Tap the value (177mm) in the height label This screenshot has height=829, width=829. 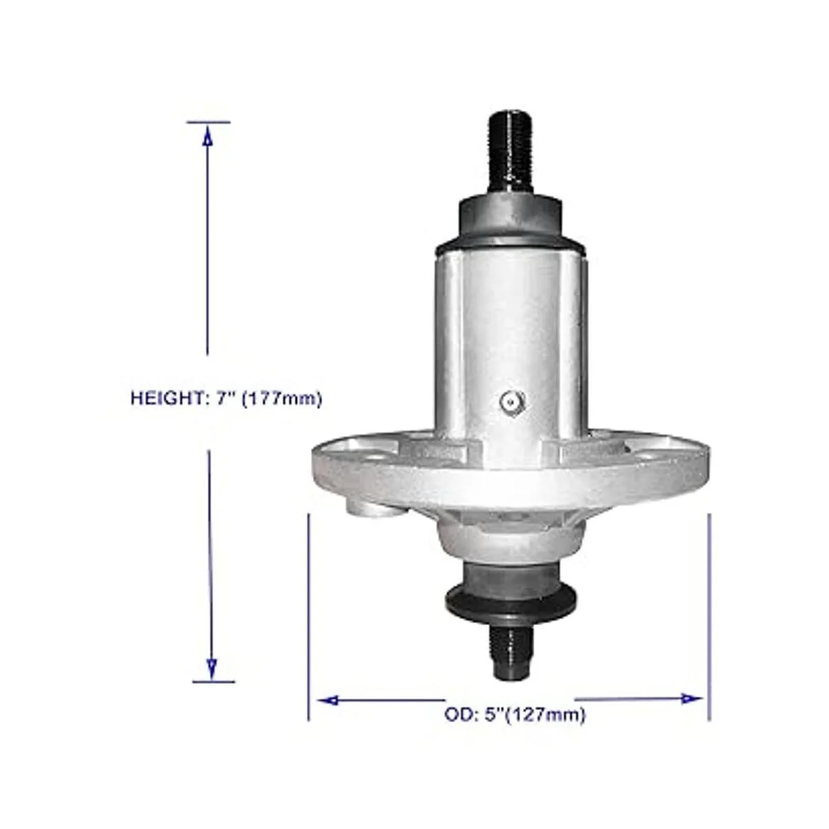pyautogui.click(x=282, y=399)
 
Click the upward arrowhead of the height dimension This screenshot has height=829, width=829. pyautogui.click(x=208, y=137)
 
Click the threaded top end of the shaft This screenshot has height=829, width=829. pyautogui.click(x=511, y=158)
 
